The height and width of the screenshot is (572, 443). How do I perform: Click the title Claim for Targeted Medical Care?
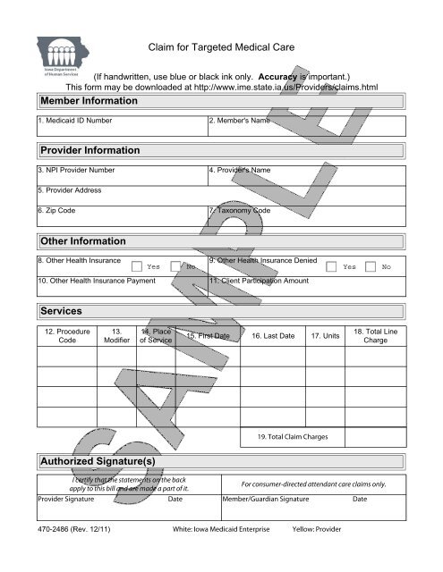point(221,46)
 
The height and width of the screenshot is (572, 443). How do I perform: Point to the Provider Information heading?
point(89,150)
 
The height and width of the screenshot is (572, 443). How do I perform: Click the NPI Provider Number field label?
point(76,169)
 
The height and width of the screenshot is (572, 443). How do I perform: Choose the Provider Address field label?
point(68,190)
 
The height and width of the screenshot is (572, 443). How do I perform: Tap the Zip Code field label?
point(57,211)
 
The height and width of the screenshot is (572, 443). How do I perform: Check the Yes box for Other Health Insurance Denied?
point(332,265)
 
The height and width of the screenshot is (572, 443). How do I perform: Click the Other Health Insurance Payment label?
point(96,282)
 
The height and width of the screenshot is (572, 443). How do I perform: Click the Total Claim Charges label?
point(291,437)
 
